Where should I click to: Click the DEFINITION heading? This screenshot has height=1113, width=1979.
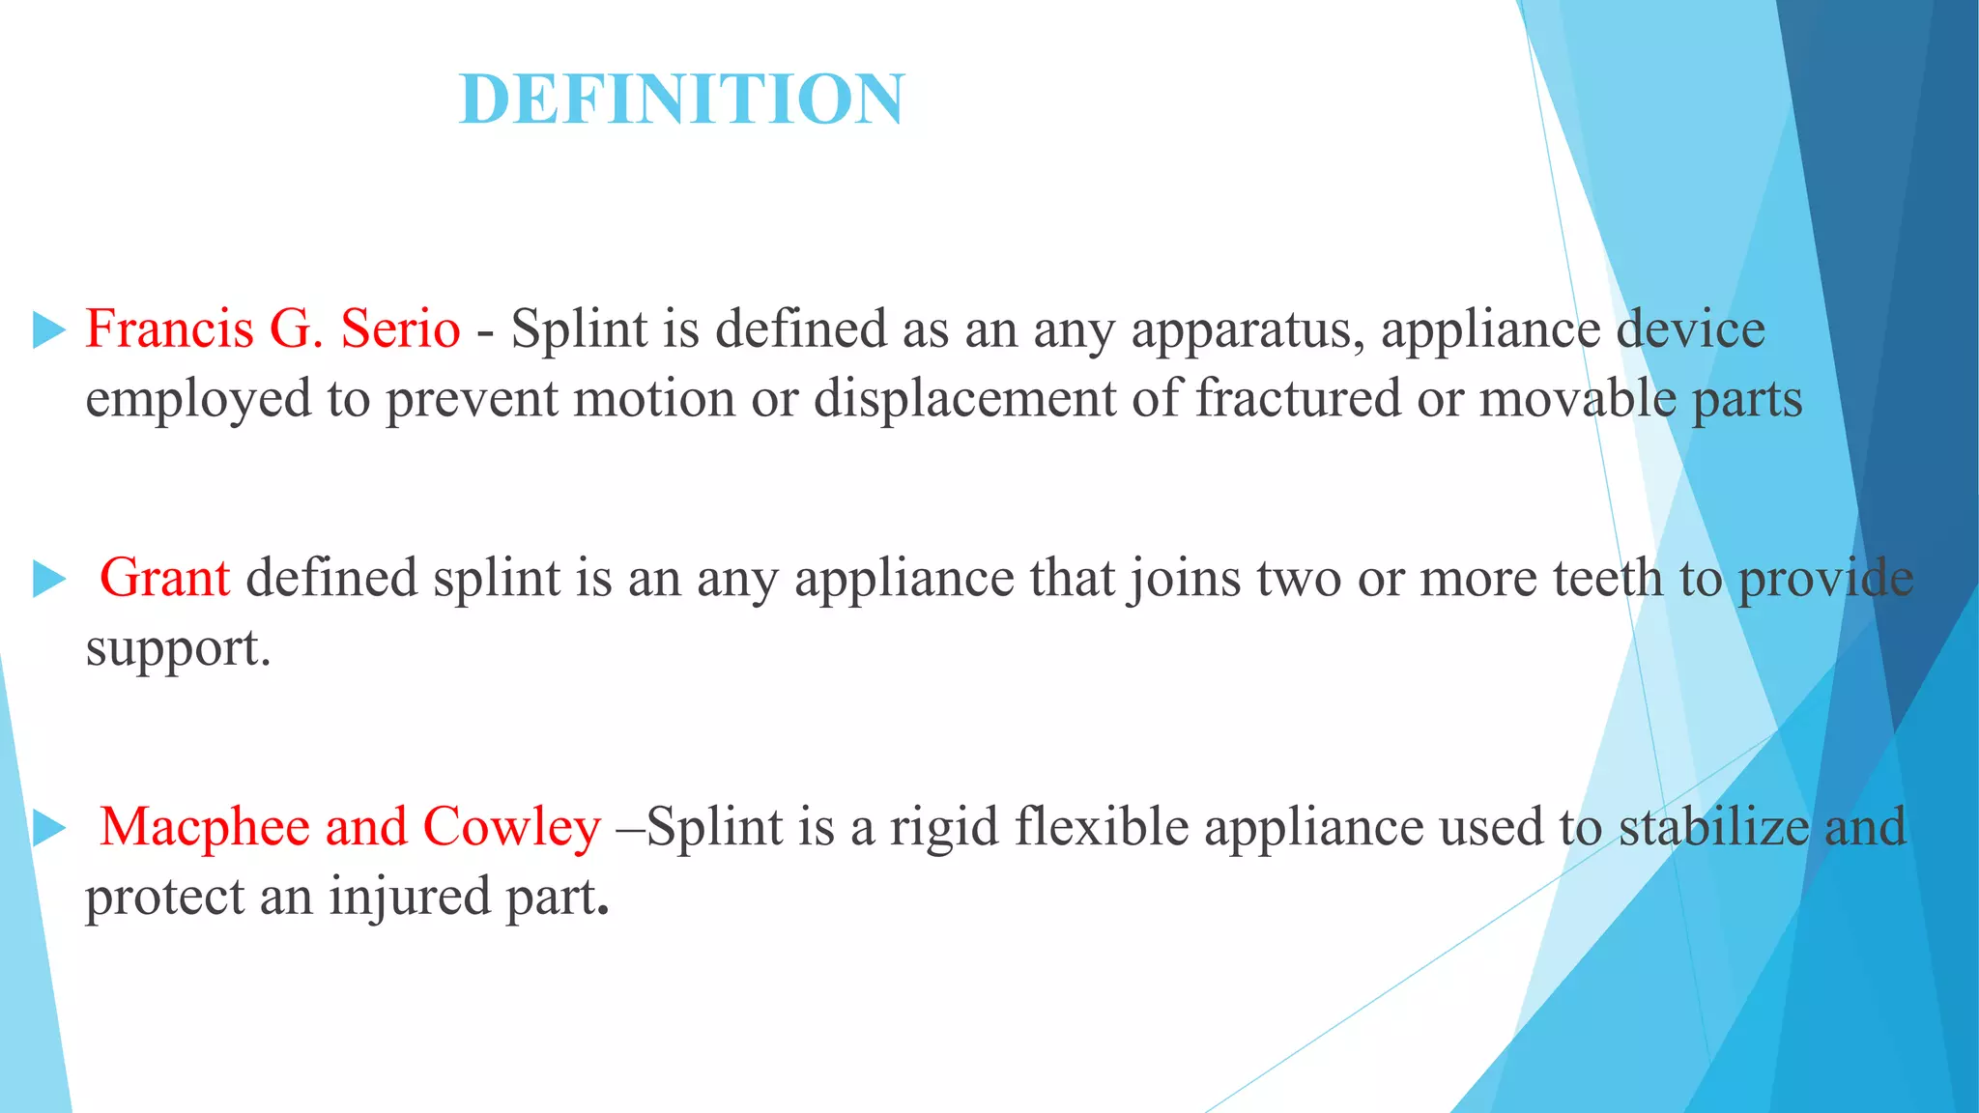(682, 100)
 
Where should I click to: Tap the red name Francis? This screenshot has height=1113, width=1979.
(169, 328)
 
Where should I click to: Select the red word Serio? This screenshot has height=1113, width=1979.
(400, 328)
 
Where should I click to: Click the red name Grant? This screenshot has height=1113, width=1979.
(164, 578)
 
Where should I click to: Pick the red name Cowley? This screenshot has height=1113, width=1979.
(511, 827)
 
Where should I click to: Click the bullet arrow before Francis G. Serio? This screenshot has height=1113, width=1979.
(48, 330)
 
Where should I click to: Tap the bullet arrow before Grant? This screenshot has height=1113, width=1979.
(48, 580)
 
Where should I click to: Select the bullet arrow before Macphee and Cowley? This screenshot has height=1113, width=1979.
(48, 829)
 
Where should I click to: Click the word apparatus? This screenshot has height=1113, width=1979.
(1248, 330)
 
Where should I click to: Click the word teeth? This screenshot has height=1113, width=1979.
(1608, 578)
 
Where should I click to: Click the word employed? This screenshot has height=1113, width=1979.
(198, 400)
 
